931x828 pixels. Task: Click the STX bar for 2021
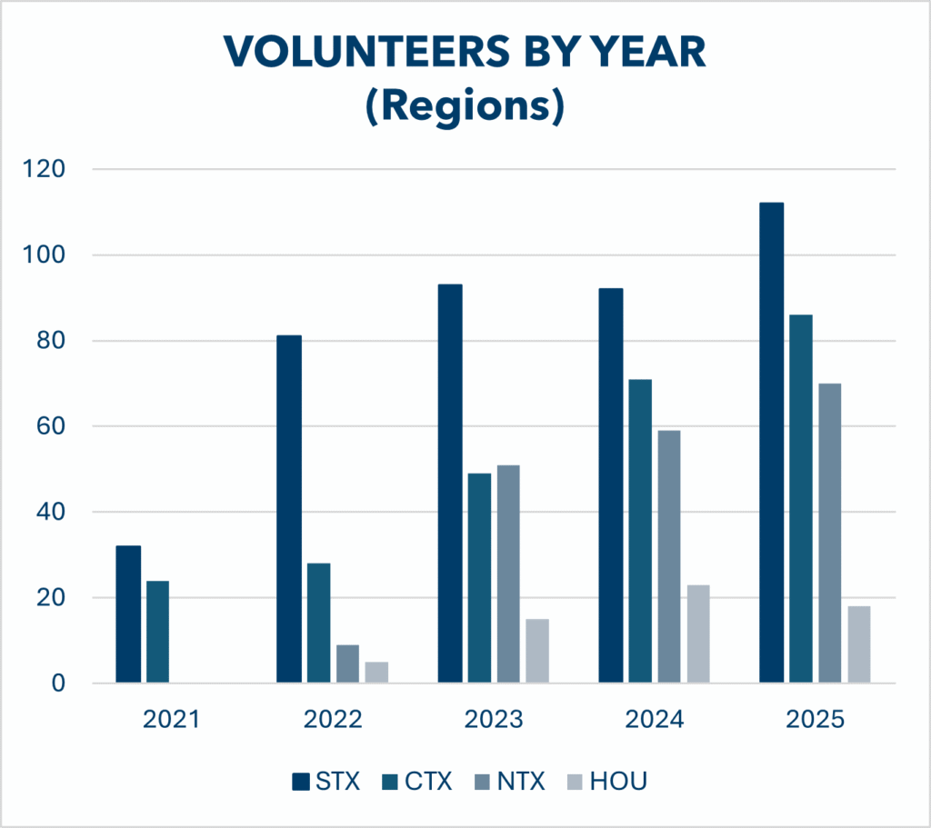coord(128,614)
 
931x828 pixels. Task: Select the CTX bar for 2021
coord(157,632)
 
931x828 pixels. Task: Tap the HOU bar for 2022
coord(376,673)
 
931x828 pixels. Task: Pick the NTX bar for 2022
coord(347,664)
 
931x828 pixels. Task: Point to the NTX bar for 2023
coord(508,574)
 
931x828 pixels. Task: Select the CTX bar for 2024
coord(640,531)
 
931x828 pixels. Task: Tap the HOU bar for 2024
coord(698,633)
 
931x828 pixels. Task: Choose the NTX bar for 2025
coord(829,533)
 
